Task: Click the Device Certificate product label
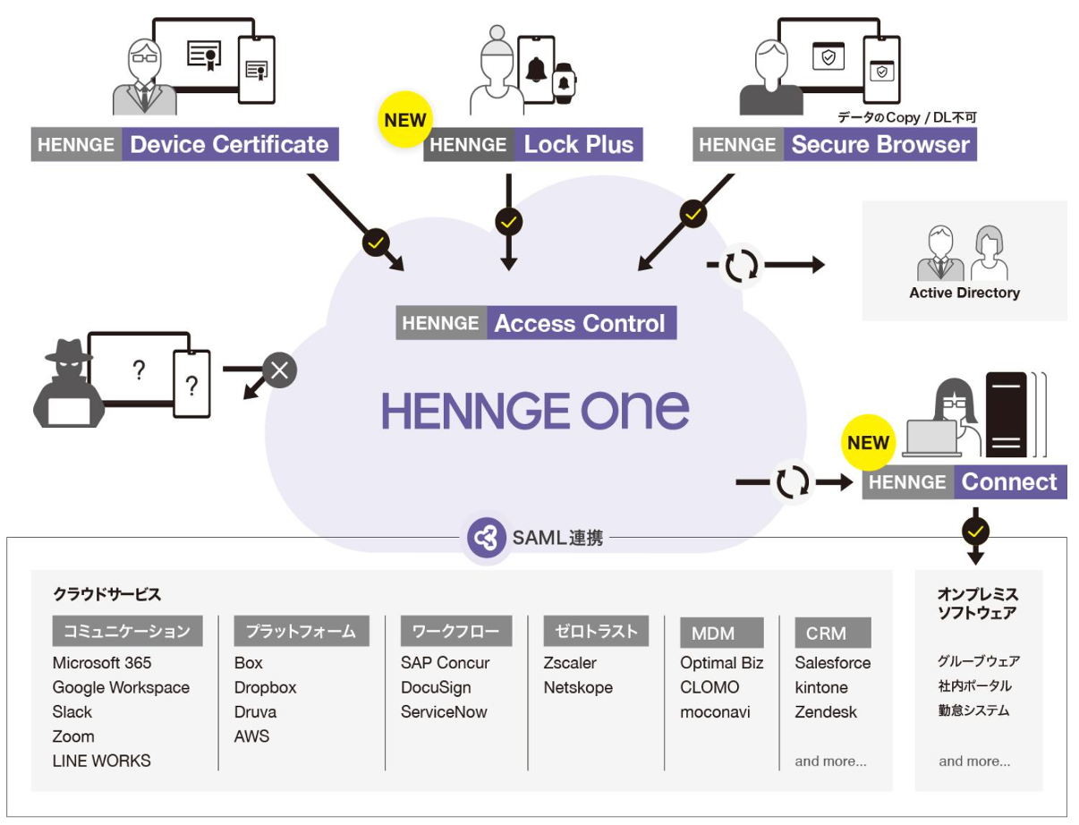(185, 145)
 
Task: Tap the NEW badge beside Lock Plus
(404, 119)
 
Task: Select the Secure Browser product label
(835, 145)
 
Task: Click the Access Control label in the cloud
(536, 323)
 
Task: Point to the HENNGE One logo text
(536, 411)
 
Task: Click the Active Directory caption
(964, 293)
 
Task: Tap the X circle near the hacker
(279, 370)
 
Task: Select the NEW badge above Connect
(868, 442)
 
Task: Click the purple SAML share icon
(485, 538)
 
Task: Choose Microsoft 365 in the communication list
(102, 663)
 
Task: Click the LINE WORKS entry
(102, 761)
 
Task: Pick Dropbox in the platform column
(265, 687)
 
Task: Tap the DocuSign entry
(436, 687)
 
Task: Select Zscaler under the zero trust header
(570, 663)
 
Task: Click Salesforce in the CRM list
(832, 663)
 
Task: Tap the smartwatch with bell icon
(563, 84)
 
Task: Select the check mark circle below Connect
(975, 532)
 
